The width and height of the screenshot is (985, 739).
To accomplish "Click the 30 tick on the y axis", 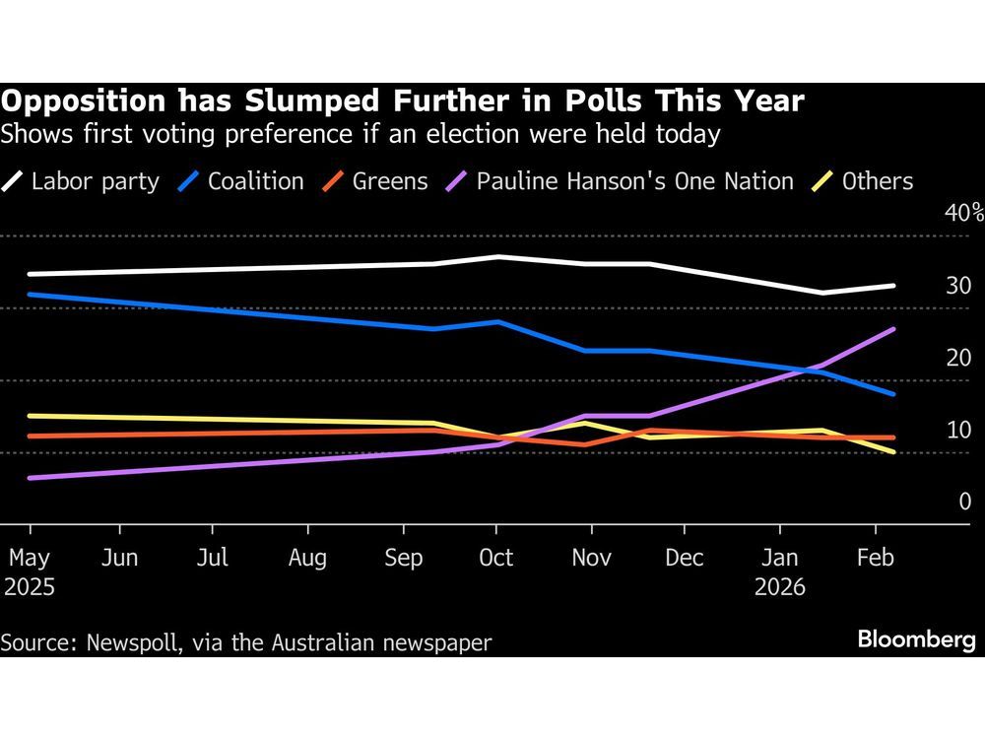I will (958, 286).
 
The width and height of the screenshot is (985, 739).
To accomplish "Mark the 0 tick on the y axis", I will (965, 502).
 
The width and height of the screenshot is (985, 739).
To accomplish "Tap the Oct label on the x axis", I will (495, 559).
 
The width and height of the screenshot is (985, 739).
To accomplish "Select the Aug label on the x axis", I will (307, 559).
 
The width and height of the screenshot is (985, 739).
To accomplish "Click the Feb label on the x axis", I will (875, 559).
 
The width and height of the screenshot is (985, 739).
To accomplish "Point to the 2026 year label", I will (780, 587).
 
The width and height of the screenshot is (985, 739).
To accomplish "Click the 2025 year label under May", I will (29, 587).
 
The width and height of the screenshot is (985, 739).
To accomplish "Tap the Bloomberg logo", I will (916, 640).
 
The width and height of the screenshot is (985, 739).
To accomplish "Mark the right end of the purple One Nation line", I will (893, 329).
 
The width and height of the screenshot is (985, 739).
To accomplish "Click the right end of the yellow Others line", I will (893, 452).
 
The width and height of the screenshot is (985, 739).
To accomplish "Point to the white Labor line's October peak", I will (498, 256).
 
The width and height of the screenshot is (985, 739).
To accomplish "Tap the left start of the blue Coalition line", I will (29, 294).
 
